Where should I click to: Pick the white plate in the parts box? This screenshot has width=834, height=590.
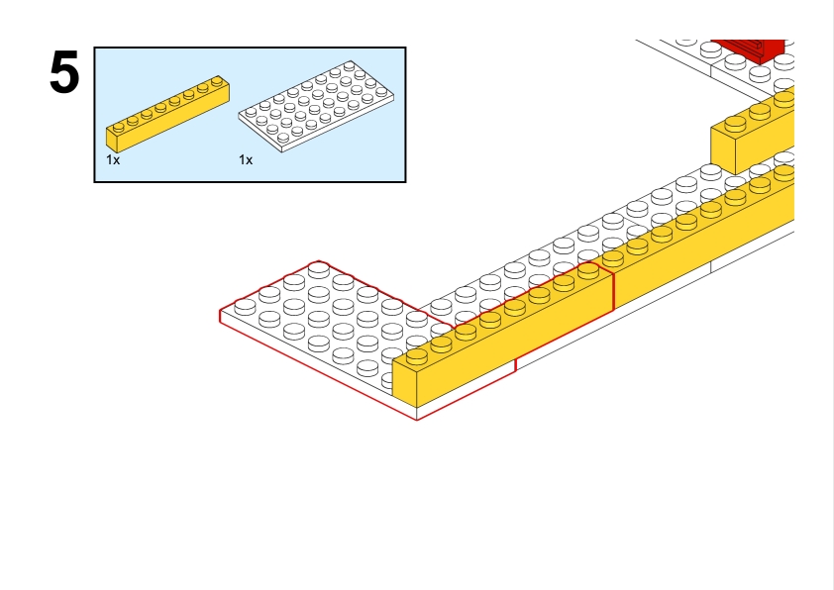point(317,108)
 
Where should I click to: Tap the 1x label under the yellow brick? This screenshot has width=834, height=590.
point(113,159)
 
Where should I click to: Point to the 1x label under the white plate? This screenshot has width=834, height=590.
point(246,159)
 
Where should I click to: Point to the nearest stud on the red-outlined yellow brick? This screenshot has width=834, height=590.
point(417,355)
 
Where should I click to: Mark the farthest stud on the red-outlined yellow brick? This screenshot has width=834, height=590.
point(588,269)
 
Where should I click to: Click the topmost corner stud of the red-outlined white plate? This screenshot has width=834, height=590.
point(319,267)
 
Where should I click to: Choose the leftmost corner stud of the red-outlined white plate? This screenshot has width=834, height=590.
point(245,306)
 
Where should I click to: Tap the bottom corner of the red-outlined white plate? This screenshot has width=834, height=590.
point(417,419)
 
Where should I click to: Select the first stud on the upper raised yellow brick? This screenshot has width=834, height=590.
point(735,124)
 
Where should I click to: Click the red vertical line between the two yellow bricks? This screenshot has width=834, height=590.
point(614,290)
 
